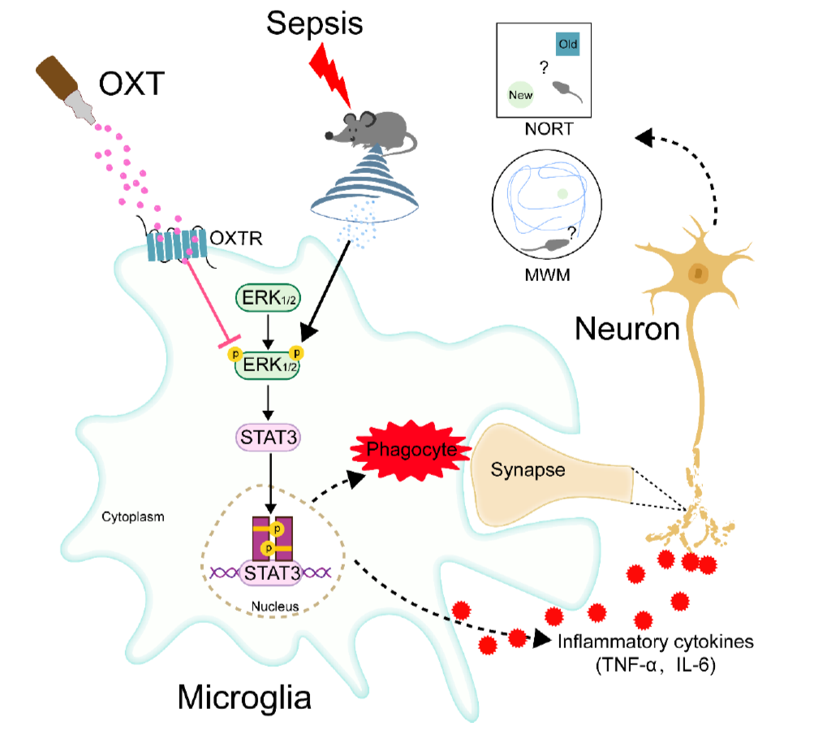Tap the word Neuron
point(627,328)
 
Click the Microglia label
point(243,697)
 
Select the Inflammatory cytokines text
point(656,642)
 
